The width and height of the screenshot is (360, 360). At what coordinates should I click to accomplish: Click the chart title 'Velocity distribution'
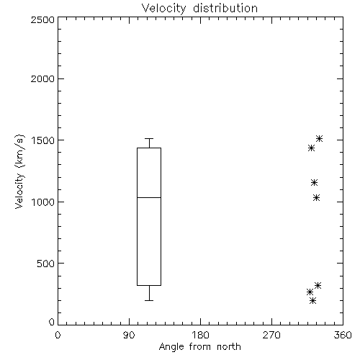[x=199, y=8]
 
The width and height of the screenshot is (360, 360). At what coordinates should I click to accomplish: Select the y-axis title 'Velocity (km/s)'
[x=20, y=171]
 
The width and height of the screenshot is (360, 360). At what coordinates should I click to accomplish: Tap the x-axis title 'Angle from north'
[x=199, y=347]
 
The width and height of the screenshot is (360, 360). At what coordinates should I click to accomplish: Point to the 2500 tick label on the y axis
[x=42, y=19]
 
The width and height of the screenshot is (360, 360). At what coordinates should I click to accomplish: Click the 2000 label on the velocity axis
[x=42, y=78]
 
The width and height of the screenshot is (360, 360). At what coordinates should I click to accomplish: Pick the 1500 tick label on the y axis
[x=43, y=140]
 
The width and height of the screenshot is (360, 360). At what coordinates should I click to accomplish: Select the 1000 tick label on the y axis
[x=43, y=202]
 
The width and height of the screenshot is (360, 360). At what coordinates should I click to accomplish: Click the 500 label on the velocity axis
[x=46, y=264]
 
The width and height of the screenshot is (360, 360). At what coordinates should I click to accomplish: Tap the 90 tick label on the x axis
[x=129, y=335]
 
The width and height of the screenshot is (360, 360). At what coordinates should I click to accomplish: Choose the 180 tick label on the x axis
[x=200, y=335]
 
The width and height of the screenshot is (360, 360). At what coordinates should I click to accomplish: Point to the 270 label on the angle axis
[x=271, y=335]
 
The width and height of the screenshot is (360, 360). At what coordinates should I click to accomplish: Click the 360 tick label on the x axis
[x=343, y=335]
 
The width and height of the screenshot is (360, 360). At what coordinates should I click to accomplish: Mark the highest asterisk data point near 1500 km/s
[x=319, y=138]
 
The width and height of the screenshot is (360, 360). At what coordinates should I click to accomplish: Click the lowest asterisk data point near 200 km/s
[x=312, y=300]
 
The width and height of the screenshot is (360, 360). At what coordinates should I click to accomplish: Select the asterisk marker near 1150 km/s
[x=314, y=183]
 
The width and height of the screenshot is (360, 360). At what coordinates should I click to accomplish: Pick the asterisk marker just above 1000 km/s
[x=317, y=198]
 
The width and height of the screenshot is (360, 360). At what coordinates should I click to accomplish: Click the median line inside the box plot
[x=149, y=197]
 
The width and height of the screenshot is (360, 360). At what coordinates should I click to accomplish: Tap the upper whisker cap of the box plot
[x=149, y=138]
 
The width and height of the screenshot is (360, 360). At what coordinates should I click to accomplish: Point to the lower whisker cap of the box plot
[x=149, y=300]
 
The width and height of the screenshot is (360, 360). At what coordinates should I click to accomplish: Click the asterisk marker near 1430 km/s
[x=311, y=148]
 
